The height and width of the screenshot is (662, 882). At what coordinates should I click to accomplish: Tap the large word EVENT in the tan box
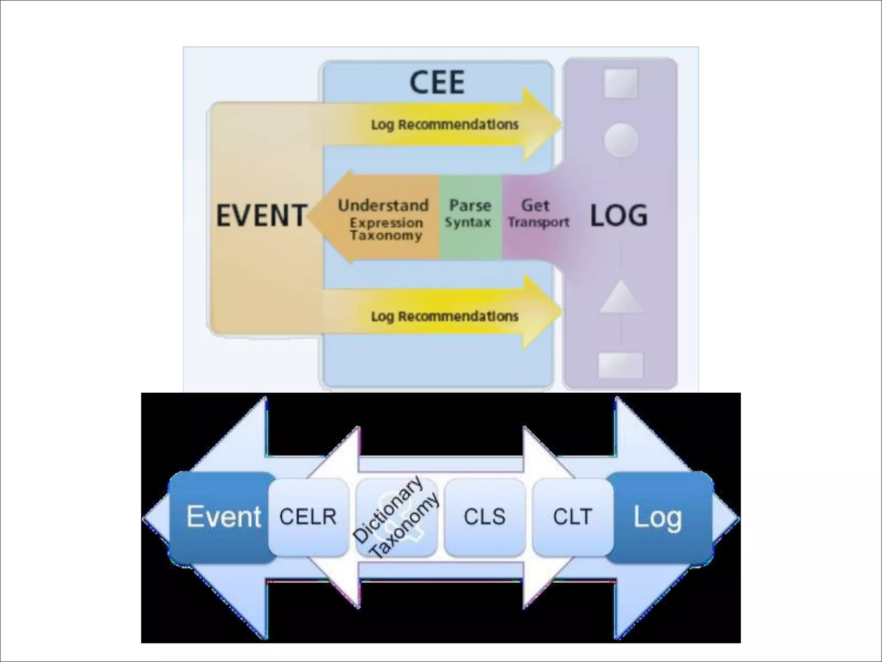(x=261, y=215)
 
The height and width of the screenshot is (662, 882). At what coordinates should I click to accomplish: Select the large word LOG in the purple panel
(x=618, y=215)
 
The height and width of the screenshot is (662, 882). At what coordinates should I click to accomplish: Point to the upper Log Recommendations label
(x=444, y=125)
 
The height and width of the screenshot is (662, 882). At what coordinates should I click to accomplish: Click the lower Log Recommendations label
(x=444, y=316)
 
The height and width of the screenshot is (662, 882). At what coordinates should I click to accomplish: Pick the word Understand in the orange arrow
(x=383, y=205)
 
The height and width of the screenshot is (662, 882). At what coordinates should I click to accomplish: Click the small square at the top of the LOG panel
(x=621, y=83)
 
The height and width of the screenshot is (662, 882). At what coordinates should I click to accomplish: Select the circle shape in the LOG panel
(x=621, y=140)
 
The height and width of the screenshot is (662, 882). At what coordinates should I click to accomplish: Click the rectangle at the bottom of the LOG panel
(x=621, y=365)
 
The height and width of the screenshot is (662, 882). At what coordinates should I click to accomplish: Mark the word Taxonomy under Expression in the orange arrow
(x=386, y=235)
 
